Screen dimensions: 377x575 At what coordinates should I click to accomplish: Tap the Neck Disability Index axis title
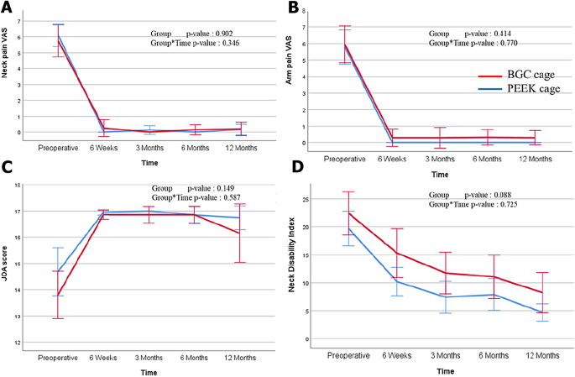coord(306,267)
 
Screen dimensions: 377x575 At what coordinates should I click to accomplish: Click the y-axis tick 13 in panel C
coord(28,317)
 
